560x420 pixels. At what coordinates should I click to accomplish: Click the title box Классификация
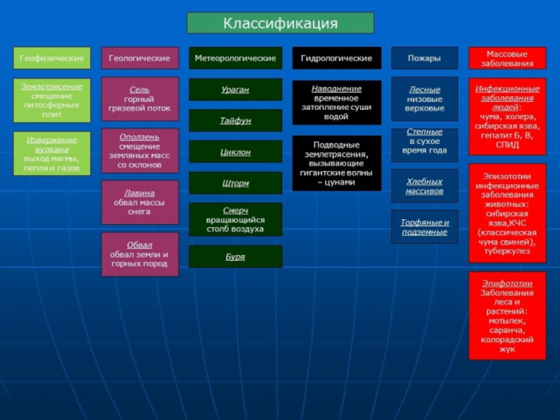coord(280,23)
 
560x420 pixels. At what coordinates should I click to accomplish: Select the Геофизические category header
coord(52,58)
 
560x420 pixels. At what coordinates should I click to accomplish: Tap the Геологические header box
coord(139,58)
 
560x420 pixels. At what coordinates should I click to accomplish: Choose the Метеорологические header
coord(235,58)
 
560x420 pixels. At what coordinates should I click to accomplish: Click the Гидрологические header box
coord(336,58)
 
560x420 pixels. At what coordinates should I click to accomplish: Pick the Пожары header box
coord(424,58)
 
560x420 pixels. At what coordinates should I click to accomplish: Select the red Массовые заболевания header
coord(507,58)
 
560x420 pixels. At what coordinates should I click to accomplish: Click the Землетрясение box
coord(52,99)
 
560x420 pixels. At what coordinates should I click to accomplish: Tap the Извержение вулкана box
coord(52,153)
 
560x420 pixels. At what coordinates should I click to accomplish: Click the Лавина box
coord(139,202)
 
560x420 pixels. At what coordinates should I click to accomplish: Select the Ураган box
coord(235,90)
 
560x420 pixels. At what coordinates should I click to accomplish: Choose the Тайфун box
coord(235,120)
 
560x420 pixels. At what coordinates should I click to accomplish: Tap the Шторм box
coord(235,183)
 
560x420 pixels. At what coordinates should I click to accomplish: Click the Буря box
coord(235,256)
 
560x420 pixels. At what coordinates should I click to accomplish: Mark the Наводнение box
coord(336,103)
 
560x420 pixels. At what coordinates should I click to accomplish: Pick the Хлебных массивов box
coord(424,185)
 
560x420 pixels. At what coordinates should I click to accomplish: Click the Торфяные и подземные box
coord(424,227)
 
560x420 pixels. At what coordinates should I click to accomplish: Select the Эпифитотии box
coord(507,316)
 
